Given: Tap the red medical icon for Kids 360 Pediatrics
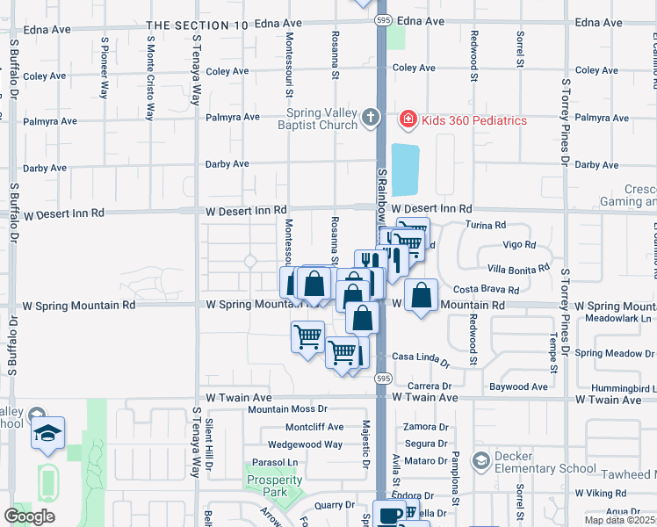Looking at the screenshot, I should tap(407, 119).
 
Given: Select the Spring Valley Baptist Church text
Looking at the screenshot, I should tap(322, 119).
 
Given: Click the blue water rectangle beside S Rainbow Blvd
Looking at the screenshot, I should tap(405, 170).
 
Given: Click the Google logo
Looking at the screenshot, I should tap(29, 516).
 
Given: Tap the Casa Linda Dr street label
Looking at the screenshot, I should tap(420, 357).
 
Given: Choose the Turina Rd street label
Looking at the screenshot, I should tap(487, 226).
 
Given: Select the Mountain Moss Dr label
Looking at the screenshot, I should tap(286, 409).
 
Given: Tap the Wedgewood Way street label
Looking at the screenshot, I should tap(305, 444).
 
